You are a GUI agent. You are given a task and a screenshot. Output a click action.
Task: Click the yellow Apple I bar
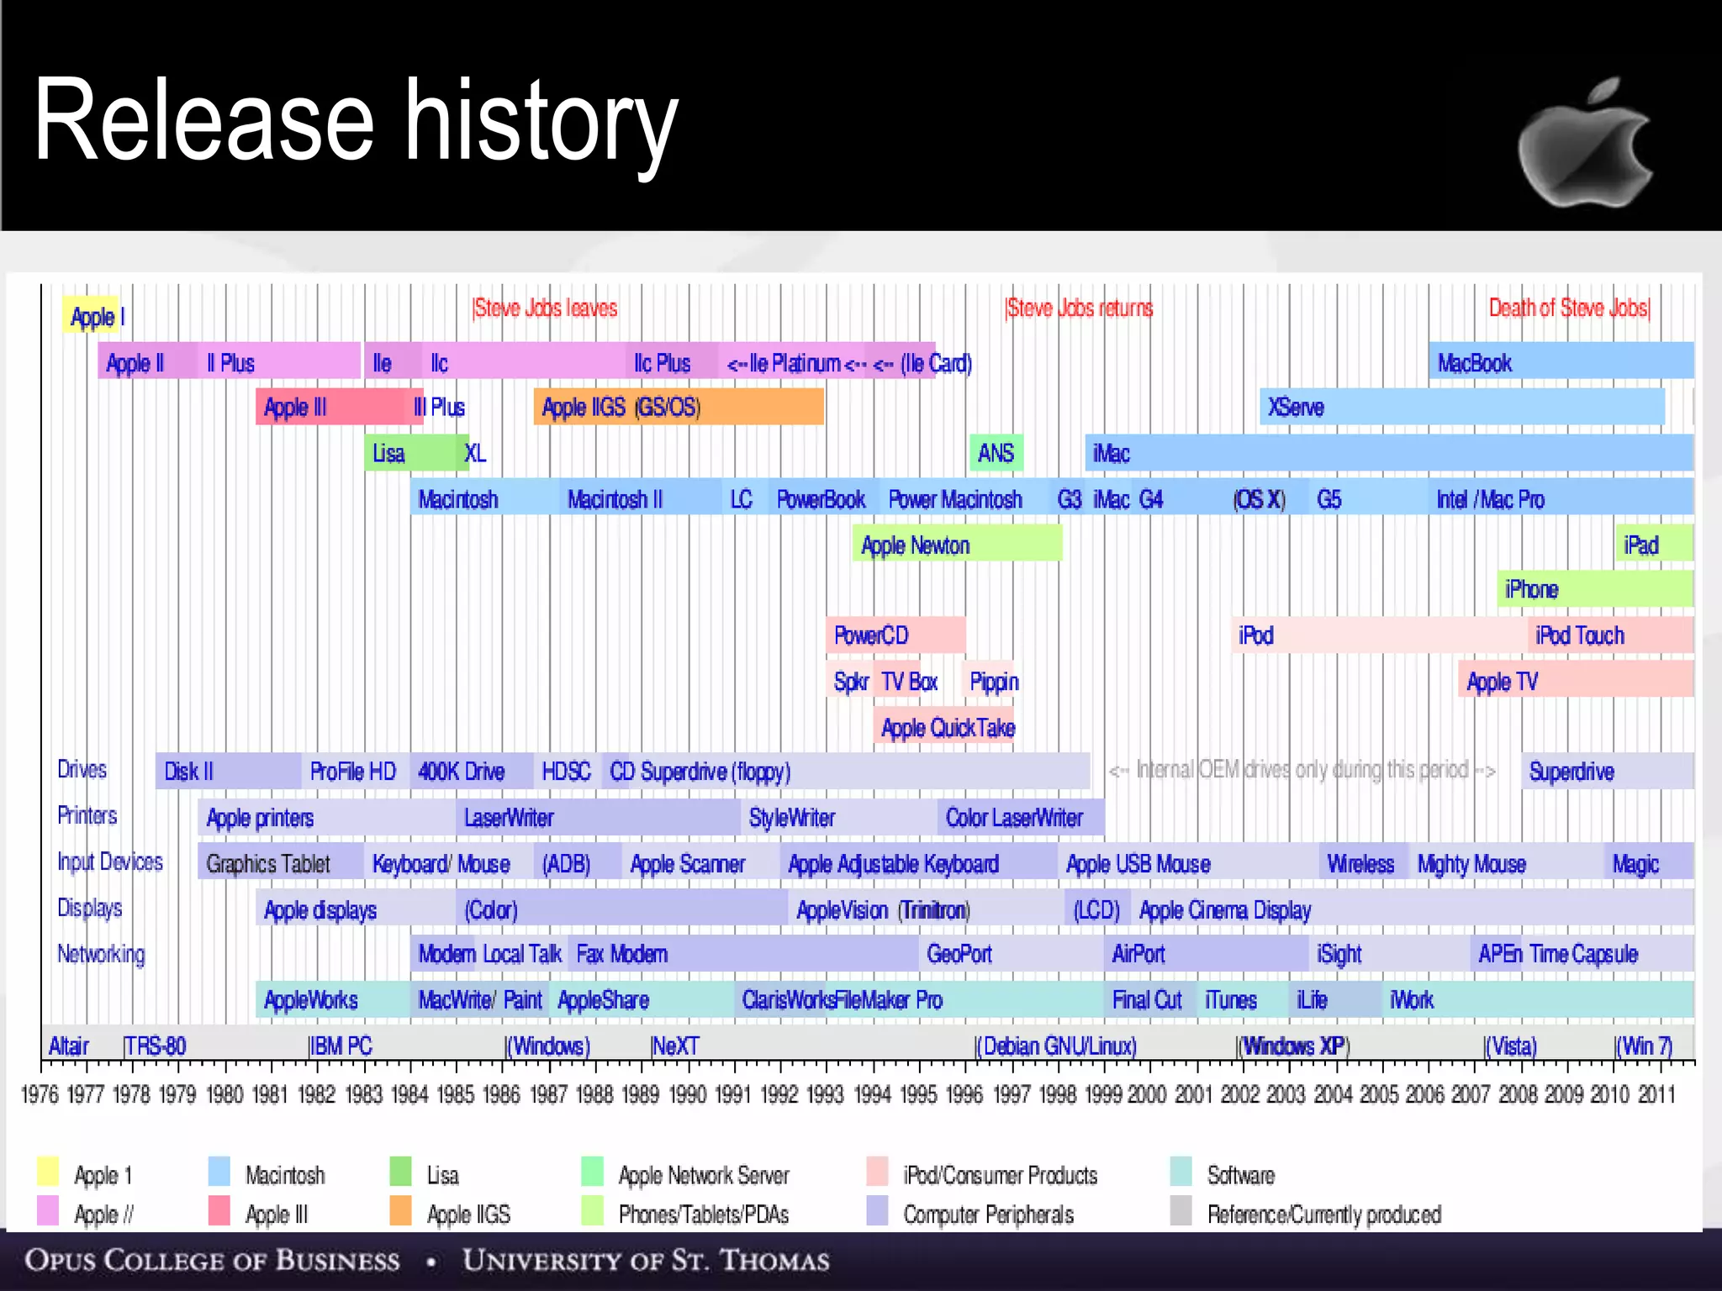[92, 316]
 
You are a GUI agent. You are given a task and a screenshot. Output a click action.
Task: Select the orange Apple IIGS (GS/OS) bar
[678, 408]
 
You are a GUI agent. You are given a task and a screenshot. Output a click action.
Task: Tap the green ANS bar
[996, 453]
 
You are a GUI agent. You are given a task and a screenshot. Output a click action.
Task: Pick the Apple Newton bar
[957, 545]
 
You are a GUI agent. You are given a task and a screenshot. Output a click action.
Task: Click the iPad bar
[1652, 545]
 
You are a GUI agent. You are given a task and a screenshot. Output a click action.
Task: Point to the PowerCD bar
[895, 635]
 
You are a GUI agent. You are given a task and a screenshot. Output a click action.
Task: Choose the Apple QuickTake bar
[947, 727]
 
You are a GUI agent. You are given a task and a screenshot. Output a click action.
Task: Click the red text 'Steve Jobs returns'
[1080, 308]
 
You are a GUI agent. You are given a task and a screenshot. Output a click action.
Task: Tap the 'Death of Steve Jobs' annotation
[1569, 308]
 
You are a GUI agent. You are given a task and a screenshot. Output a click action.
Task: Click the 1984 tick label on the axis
[409, 1094]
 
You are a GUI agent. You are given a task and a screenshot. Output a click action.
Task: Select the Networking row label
[101, 954]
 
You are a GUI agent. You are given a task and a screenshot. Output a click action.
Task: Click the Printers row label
[87, 815]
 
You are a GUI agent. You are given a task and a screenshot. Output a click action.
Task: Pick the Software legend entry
[1240, 1175]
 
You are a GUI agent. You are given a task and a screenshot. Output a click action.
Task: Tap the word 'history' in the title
[541, 122]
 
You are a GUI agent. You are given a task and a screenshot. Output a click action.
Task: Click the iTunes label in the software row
[1230, 1000]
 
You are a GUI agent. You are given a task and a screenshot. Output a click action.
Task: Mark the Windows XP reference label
[1295, 1046]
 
